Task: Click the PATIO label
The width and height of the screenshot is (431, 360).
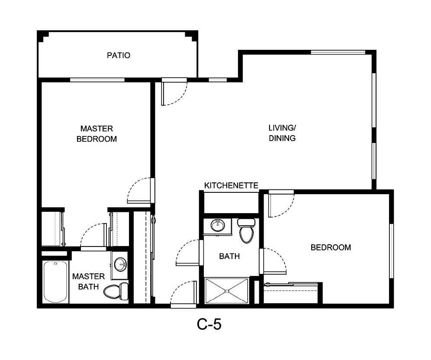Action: pos(119,55)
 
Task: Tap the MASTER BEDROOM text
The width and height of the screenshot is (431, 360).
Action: pos(96,134)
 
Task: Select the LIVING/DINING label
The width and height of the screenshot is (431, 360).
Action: pos(282,133)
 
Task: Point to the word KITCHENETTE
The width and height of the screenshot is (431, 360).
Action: pos(231,186)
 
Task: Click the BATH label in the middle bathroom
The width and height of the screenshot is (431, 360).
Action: pos(229,256)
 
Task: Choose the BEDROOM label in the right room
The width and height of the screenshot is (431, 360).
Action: pos(331,248)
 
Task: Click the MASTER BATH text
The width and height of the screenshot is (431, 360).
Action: pos(88,282)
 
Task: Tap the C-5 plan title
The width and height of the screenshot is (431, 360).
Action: pos(209,324)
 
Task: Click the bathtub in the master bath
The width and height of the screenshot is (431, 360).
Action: pos(55,282)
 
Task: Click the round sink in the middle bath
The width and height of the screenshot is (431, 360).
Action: pos(218,225)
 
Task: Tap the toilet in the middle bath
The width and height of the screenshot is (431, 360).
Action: pos(246,231)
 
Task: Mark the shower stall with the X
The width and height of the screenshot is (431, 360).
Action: pos(227,291)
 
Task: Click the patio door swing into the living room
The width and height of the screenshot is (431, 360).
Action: pos(173,92)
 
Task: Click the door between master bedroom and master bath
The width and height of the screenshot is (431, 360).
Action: pos(94,236)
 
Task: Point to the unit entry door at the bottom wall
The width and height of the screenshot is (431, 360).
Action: pos(184,295)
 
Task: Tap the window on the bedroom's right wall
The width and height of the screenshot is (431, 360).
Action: pos(391,251)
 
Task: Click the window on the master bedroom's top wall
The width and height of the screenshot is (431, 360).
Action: pos(97,80)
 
